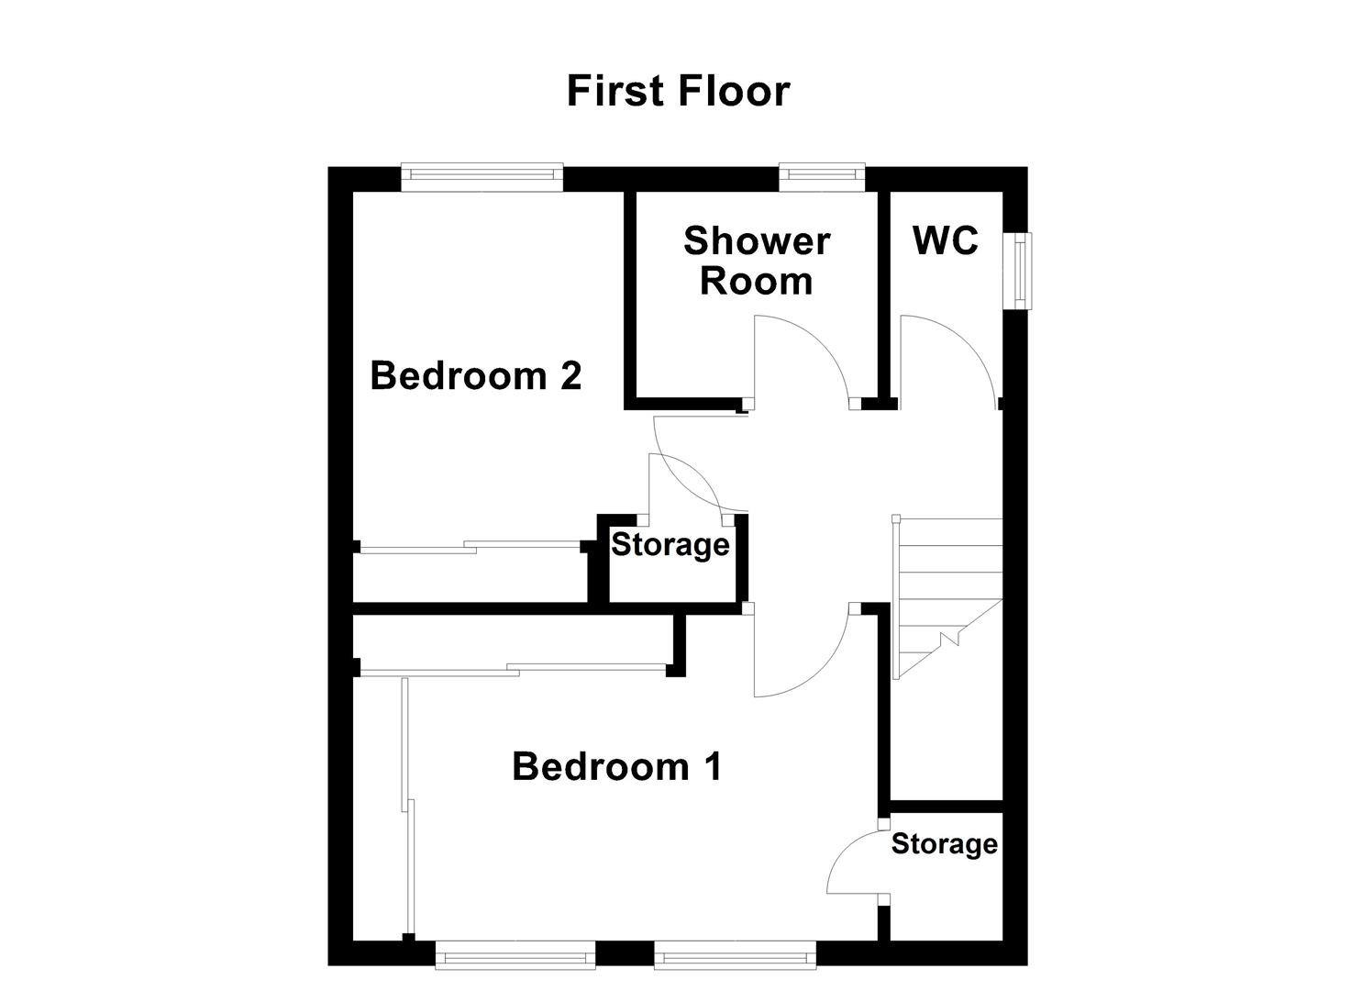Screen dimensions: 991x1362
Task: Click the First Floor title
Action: (x=678, y=92)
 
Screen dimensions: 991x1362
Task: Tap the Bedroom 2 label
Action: (x=475, y=376)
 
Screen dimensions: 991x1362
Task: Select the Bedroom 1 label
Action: (x=616, y=766)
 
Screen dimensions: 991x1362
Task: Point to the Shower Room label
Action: (x=757, y=261)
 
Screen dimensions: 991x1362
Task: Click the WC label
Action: (x=945, y=240)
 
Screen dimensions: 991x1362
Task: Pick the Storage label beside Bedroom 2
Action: (x=670, y=545)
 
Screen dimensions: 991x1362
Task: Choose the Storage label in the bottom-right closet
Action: (x=944, y=844)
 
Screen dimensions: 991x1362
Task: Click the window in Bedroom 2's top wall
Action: (x=482, y=177)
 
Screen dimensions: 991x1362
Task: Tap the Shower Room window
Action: (x=822, y=176)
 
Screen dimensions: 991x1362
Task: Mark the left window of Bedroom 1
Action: (x=515, y=956)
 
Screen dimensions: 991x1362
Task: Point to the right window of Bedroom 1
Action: (x=735, y=956)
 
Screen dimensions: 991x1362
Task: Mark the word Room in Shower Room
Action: (x=757, y=281)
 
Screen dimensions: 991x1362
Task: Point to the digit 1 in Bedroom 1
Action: (x=711, y=766)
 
